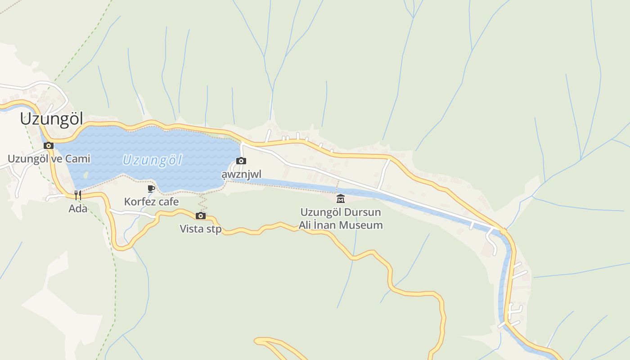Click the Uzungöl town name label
click(x=51, y=119)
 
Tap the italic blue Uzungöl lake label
click(x=152, y=160)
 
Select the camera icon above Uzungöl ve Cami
click(x=49, y=146)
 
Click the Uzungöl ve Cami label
click(x=49, y=159)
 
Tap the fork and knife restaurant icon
click(x=78, y=195)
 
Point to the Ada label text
click(x=78, y=208)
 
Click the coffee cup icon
click(x=151, y=189)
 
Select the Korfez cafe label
click(x=151, y=202)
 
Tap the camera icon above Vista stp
click(x=201, y=216)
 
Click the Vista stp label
click(x=201, y=229)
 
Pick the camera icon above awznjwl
click(x=241, y=161)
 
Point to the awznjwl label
click(x=241, y=174)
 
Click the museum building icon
click(x=341, y=198)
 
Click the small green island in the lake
click(x=85, y=175)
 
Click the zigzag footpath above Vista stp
click(x=202, y=202)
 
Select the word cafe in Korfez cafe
click(x=167, y=202)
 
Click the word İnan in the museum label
click(x=329, y=225)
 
